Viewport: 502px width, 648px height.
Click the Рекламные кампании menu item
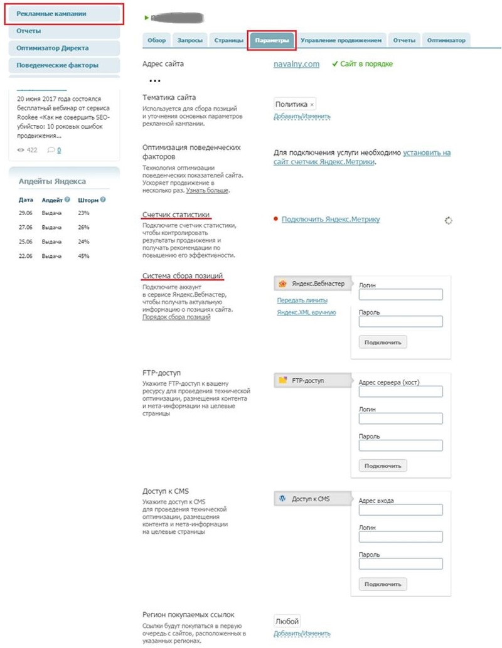[52, 13]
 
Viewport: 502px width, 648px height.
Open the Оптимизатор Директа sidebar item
[53, 48]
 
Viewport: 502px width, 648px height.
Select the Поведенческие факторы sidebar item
[58, 65]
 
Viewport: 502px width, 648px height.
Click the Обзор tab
[156, 41]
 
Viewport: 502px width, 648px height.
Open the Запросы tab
[190, 41]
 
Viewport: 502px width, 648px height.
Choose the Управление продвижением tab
[341, 41]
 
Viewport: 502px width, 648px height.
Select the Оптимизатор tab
[446, 41]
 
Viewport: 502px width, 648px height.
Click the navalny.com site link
[297, 64]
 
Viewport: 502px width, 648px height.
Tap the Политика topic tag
[292, 104]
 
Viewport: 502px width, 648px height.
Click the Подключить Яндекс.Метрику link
[331, 220]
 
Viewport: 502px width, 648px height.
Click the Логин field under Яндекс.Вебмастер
[400, 295]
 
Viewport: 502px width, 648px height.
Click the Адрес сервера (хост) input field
[400, 391]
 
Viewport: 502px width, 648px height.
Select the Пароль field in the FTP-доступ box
[400, 446]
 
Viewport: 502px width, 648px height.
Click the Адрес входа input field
[400, 510]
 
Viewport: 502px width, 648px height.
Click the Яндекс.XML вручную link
[306, 312]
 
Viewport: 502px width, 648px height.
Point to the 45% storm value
[83, 256]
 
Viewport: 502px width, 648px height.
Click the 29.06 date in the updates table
[26, 214]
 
